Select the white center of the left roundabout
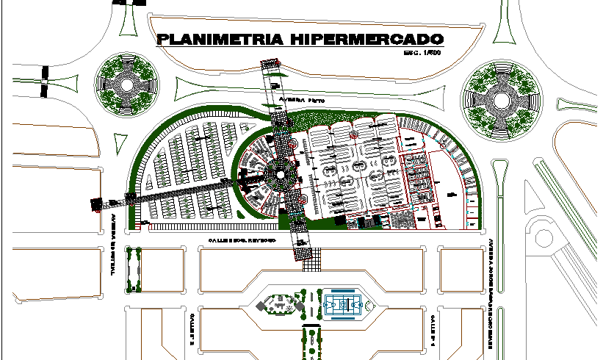pos(126,84)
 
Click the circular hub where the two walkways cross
pos(279,175)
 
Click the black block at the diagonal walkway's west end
pos(95,204)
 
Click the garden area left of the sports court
pos(279,306)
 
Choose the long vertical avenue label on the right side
pos(488,290)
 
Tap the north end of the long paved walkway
pos(270,67)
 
